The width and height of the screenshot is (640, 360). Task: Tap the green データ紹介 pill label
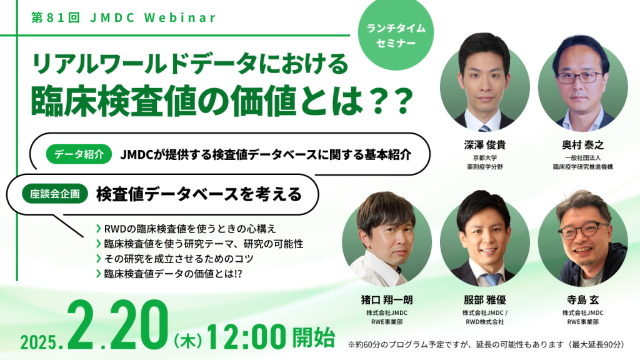click(79, 154)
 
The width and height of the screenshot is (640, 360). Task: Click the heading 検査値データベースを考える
click(198, 194)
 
